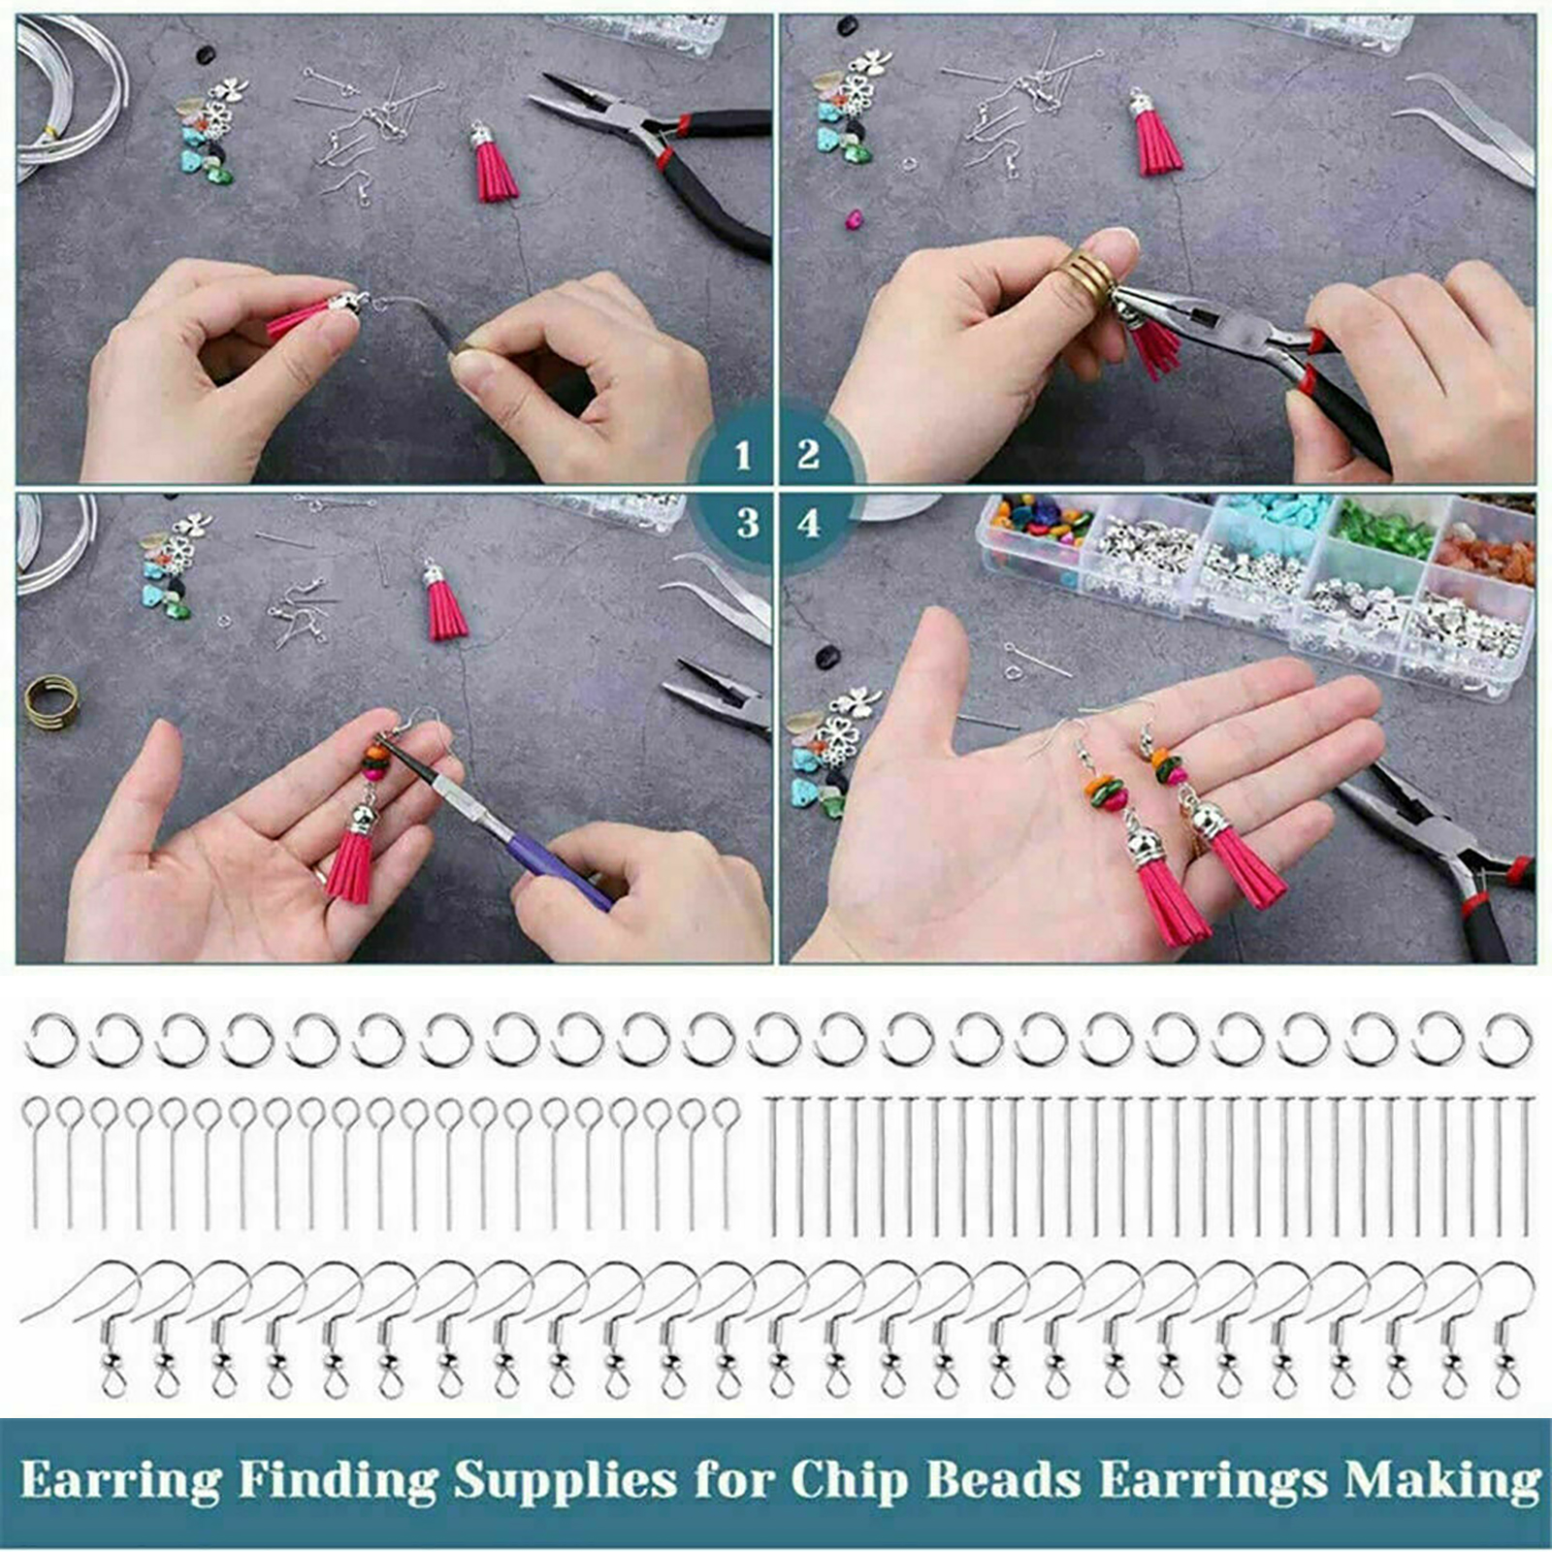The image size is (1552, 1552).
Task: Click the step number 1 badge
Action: click(x=742, y=455)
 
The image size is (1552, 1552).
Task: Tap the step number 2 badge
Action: click(x=808, y=454)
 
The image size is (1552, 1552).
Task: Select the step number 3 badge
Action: click(x=747, y=524)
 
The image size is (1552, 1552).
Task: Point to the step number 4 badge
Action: click(x=808, y=524)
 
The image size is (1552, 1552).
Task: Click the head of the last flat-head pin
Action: click(x=1522, y=1100)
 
